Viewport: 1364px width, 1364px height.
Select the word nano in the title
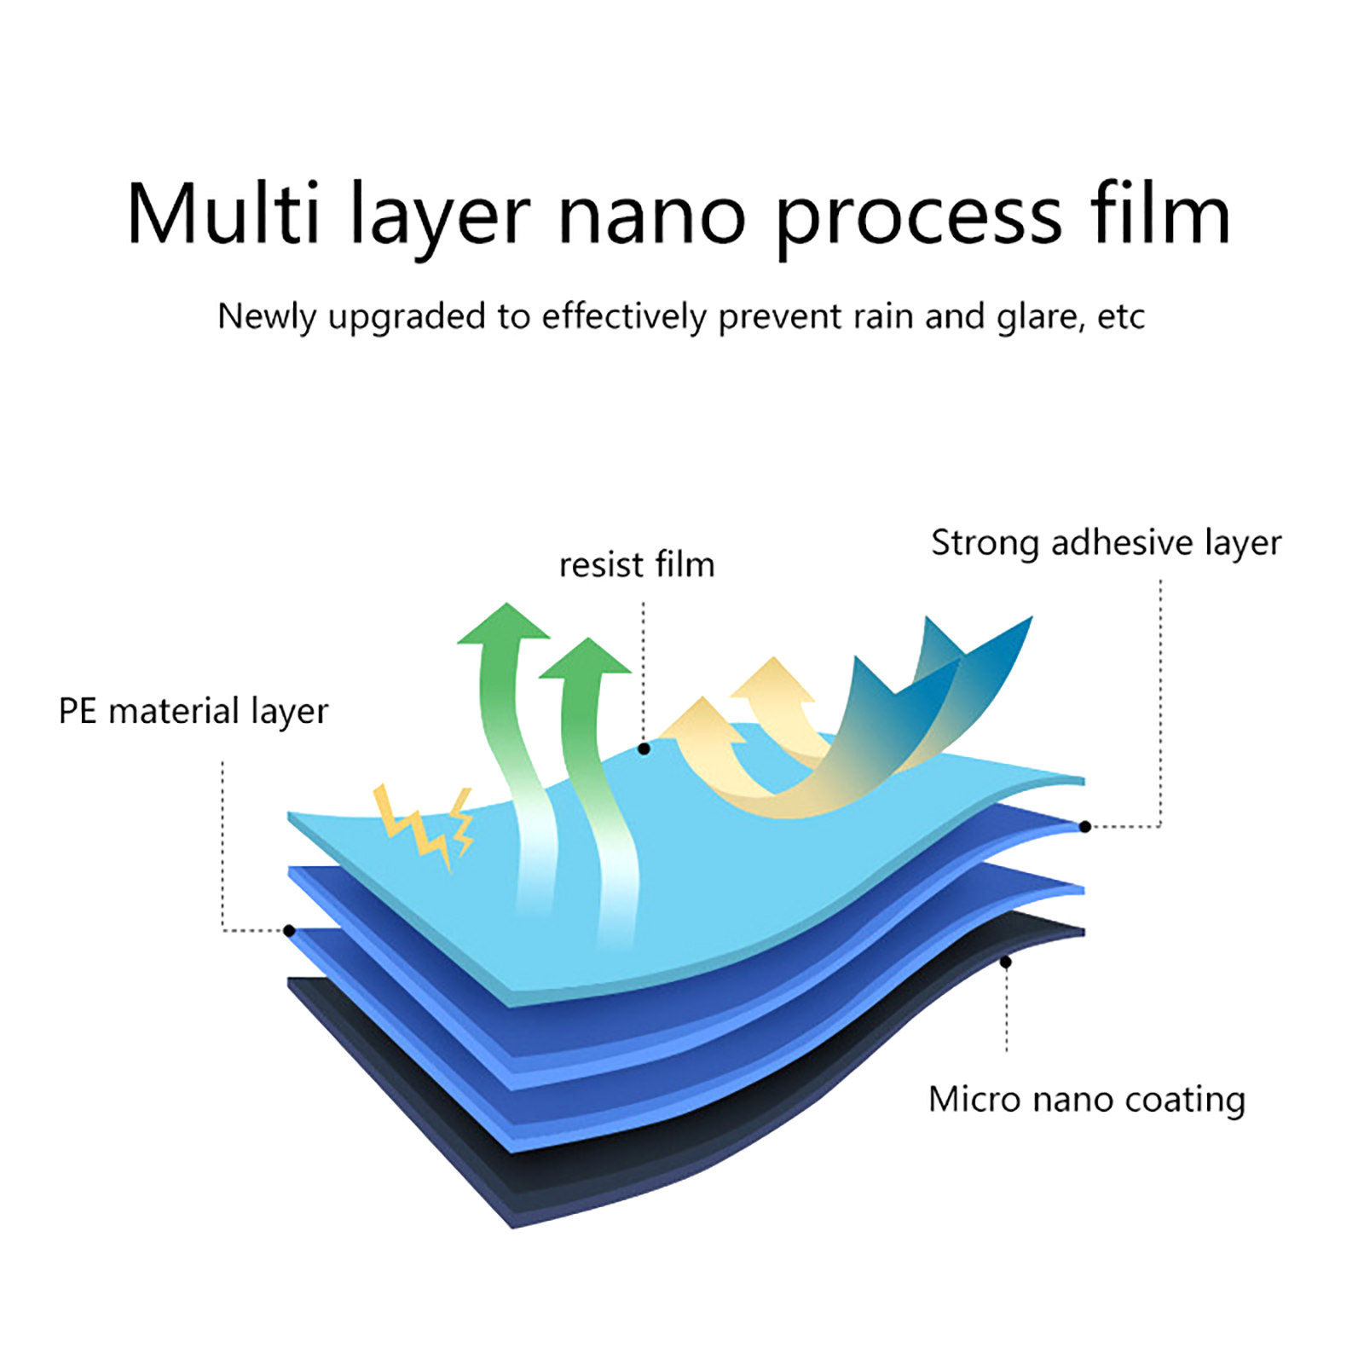point(652,215)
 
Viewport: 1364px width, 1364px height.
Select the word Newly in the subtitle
point(266,318)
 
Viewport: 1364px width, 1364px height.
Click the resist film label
point(637,564)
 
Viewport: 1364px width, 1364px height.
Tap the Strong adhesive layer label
point(1106,543)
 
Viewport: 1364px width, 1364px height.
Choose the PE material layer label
point(194,711)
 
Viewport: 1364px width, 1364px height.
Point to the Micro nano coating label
point(1087,1100)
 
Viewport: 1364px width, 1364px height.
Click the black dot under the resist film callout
point(644,749)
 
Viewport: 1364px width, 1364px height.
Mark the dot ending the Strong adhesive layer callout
point(1085,826)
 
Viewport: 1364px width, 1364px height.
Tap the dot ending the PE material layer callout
point(290,930)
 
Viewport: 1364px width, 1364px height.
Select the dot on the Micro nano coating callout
point(1006,962)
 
